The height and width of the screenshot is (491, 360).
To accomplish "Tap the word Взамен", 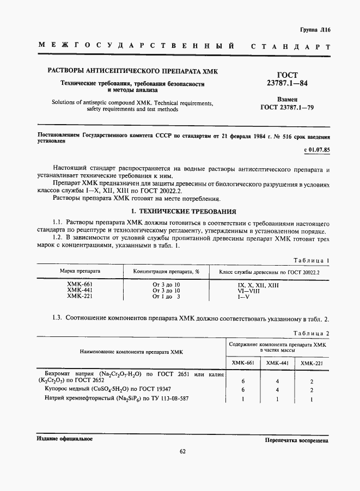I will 295,100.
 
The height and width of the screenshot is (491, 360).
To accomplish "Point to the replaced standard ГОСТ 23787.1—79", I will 295,108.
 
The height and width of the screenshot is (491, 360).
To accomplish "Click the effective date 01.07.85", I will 316,149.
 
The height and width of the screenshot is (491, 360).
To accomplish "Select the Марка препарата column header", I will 80,271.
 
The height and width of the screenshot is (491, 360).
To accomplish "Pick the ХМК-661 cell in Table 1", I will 80,285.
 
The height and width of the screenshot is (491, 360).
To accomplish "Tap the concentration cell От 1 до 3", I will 166,297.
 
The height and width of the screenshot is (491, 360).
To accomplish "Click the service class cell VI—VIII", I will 249,291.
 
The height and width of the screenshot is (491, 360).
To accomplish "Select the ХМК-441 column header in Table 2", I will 277,363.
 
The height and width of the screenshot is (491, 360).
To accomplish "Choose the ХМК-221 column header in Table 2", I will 312,363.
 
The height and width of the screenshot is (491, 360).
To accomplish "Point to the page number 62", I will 182,450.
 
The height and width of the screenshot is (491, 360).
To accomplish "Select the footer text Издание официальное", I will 64,439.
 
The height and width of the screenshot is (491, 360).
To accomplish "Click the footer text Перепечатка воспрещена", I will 296,439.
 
